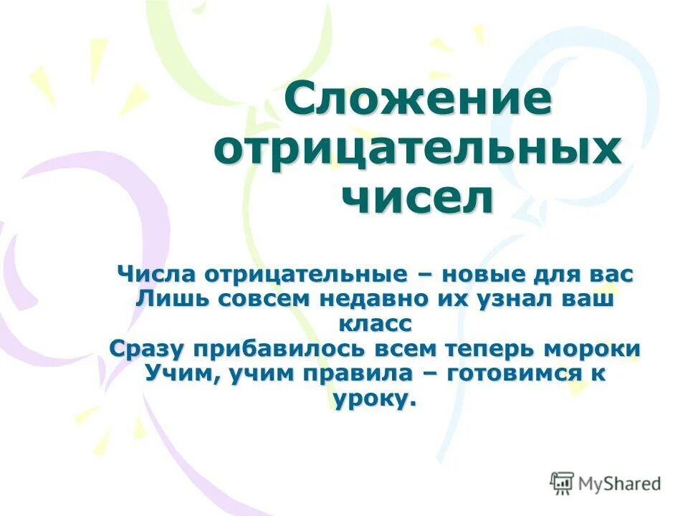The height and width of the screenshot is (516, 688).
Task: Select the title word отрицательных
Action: click(x=417, y=148)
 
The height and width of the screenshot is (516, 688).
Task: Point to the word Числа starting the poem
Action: click(x=158, y=274)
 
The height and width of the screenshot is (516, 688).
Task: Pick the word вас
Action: click(x=608, y=274)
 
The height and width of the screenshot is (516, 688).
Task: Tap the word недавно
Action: click(x=373, y=299)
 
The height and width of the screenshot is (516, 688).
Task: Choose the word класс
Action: click(x=375, y=323)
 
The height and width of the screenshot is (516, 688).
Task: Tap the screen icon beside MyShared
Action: click(x=562, y=482)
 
